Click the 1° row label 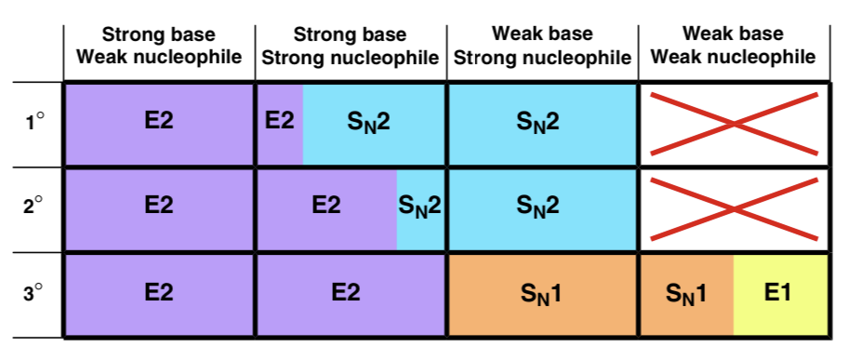(x=34, y=123)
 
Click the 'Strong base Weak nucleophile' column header (x=159, y=46)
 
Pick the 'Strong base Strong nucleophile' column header (x=351, y=46)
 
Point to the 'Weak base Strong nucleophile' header (x=542, y=46)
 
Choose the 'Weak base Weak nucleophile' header (x=733, y=46)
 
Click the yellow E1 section (x=780, y=294)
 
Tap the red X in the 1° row (x=734, y=124)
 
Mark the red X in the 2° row (x=734, y=208)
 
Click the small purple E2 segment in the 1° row (x=280, y=124)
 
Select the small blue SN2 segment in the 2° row (x=420, y=209)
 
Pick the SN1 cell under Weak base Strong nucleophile (x=542, y=294)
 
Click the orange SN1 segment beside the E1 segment (x=687, y=294)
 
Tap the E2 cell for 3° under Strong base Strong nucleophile (x=351, y=294)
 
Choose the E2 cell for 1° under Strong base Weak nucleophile (x=159, y=124)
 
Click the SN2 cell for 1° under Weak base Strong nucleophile (x=542, y=124)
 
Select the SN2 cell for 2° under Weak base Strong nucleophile (x=542, y=209)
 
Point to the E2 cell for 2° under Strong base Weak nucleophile (x=159, y=209)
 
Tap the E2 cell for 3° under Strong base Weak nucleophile (x=159, y=294)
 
